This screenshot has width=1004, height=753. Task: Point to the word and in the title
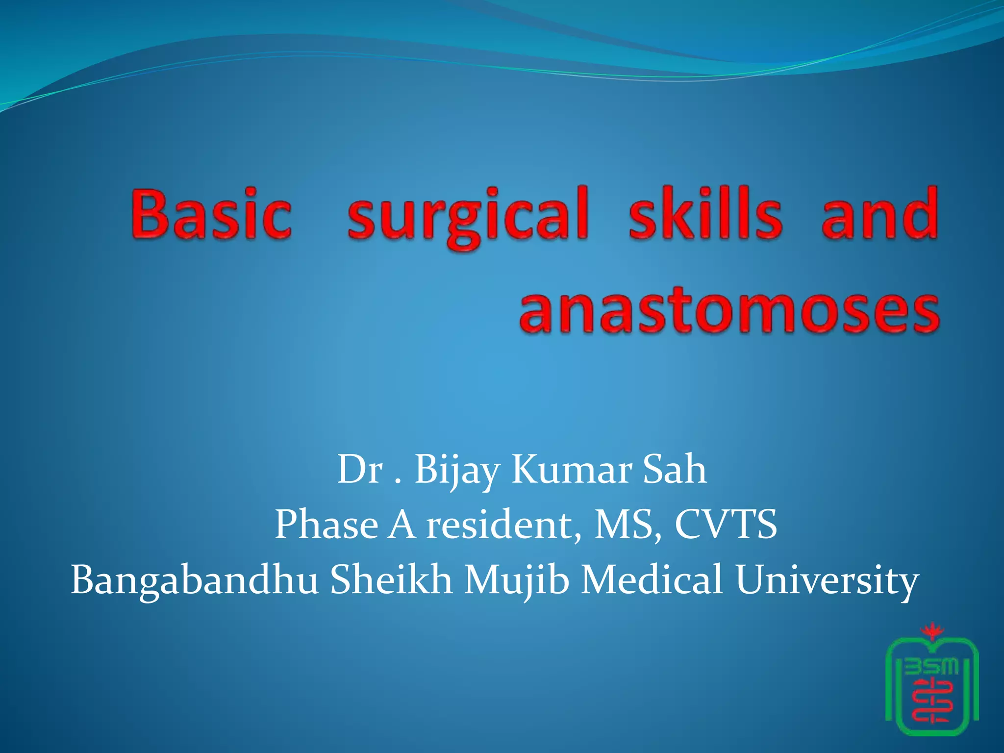(x=879, y=214)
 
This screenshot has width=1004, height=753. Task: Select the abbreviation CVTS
(x=726, y=525)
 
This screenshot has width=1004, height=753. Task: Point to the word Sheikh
(x=391, y=579)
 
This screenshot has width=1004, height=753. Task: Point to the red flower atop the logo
(x=928, y=632)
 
